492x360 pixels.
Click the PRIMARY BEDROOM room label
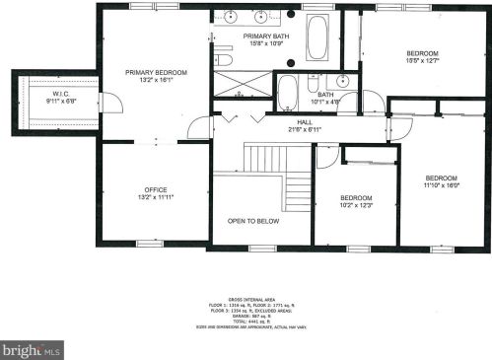tap(155, 73)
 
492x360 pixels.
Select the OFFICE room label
tap(155, 189)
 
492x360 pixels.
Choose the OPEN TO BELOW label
tap(252, 221)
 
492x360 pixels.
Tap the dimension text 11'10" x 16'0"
tap(442, 184)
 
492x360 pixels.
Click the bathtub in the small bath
tap(288, 94)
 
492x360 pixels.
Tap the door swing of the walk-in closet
tap(110, 102)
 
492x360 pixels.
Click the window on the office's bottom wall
tap(150, 243)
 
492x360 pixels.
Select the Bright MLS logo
tap(32, 349)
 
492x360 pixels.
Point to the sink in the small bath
tap(342, 80)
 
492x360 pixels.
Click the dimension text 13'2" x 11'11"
tap(155, 198)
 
